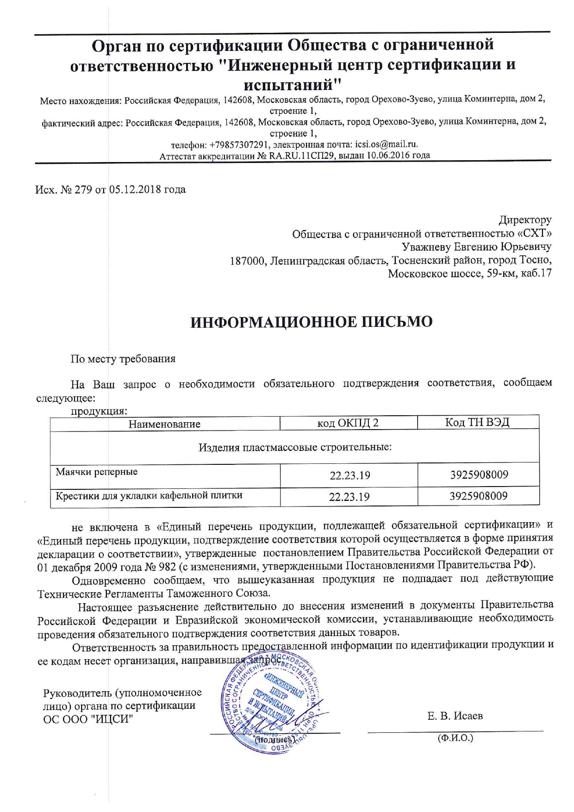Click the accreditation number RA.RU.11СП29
coord(302,156)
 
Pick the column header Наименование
coord(164,424)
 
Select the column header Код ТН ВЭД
coord(477,422)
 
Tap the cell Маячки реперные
coord(97,472)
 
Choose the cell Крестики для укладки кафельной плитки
coord(149,496)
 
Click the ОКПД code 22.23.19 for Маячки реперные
coord(349,475)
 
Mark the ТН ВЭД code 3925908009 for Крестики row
coord(479,496)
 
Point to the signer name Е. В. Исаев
coord(455,716)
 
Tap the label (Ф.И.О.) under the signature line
coord(455,738)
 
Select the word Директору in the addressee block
coord(525,219)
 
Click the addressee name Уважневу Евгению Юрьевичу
coord(476,246)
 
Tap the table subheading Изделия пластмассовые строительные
coord(295,447)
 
